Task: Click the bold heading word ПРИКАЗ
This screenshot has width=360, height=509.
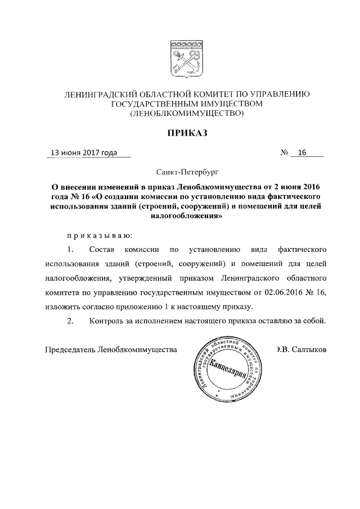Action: [x=186, y=133]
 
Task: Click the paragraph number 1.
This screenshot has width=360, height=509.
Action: [x=70, y=248]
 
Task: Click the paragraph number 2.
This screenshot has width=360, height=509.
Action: [x=70, y=321]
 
